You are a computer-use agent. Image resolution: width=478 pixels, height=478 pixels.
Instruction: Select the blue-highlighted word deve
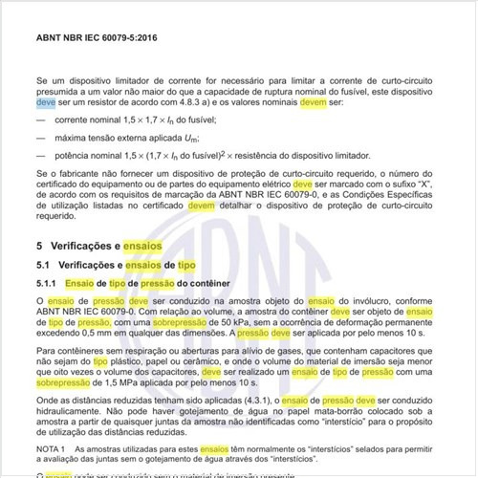(x=46, y=99)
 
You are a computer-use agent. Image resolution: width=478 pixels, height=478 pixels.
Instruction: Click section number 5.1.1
(x=49, y=284)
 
